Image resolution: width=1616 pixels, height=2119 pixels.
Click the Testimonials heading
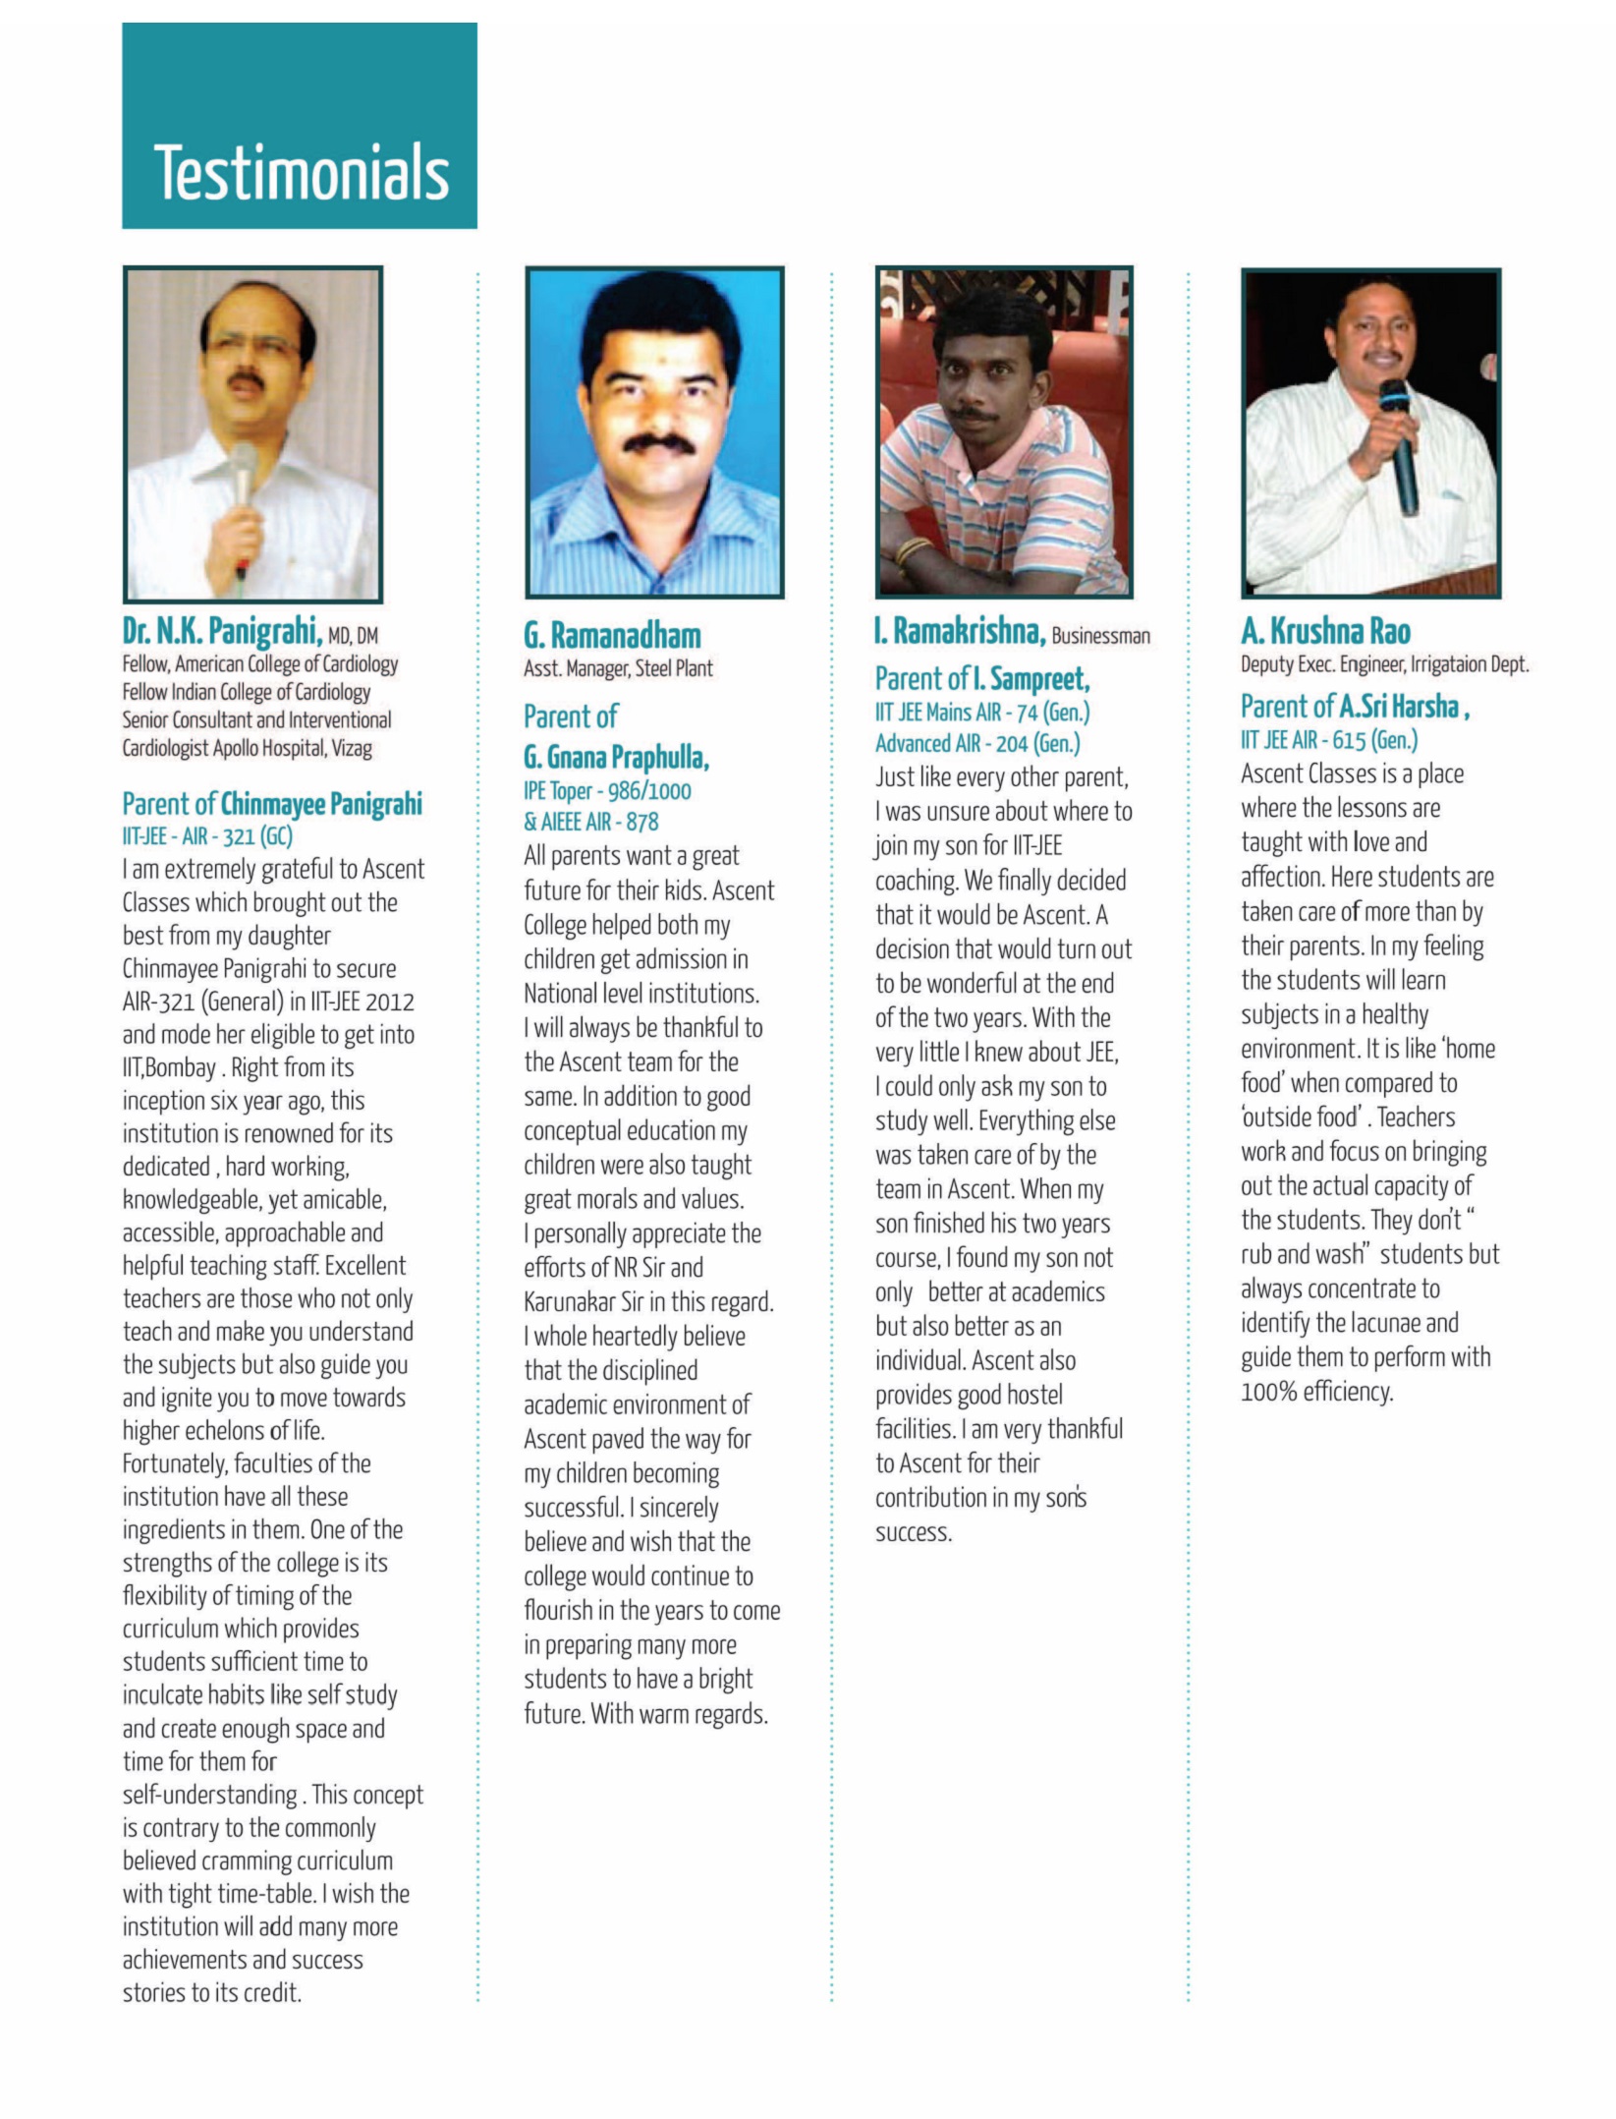coord(301,172)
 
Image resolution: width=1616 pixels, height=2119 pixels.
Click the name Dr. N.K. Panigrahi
coord(222,630)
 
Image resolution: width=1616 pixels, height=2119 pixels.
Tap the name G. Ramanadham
coord(612,636)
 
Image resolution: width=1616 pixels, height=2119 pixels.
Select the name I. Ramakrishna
coord(959,632)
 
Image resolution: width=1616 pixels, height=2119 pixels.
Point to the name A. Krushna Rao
coord(1325,631)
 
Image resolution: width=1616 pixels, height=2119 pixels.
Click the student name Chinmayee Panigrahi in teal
coord(321,804)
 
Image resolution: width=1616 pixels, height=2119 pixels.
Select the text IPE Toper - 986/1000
coord(607,791)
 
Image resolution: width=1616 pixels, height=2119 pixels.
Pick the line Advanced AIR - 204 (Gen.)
coord(977,744)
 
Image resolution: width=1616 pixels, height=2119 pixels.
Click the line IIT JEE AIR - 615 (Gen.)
coord(1328,740)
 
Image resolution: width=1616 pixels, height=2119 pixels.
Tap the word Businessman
coord(1100,636)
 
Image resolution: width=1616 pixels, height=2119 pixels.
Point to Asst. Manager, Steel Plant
coord(618,669)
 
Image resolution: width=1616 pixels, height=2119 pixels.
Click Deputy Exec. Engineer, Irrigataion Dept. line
coord(1384,664)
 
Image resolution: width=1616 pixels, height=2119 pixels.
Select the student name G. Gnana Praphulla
coord(616,758)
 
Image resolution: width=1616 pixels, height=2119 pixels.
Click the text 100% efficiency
coord(1316,1392)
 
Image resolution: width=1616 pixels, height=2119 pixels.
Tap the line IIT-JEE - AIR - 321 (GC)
coord(207,836)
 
